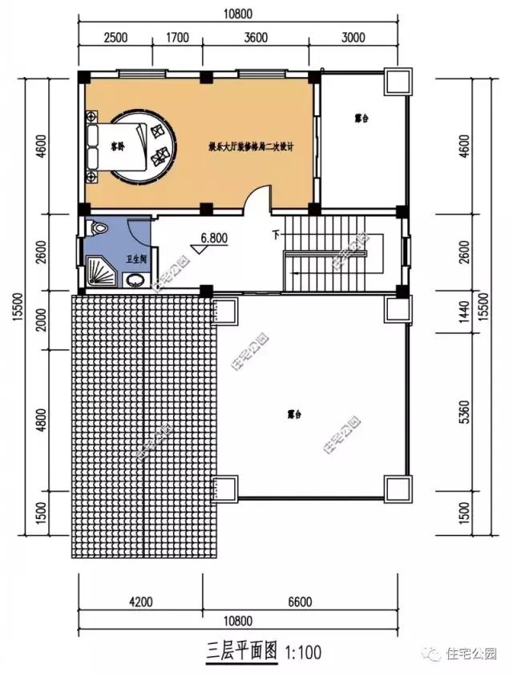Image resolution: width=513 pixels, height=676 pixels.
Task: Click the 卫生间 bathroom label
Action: coord(136,260)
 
